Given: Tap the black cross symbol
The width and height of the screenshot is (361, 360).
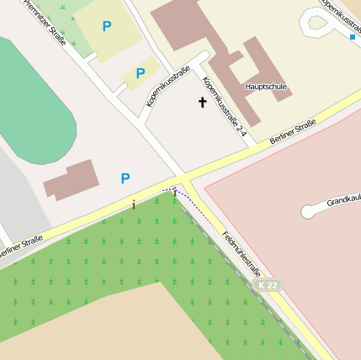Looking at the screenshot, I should [202, 103].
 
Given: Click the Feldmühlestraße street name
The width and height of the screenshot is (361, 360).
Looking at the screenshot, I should [242, 255].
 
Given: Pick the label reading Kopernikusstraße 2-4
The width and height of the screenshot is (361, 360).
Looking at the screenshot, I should [225, 107].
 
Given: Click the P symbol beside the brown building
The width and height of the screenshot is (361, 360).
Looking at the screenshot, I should [125, 178].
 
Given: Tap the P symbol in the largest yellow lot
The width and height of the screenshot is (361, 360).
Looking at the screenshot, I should [106, 27].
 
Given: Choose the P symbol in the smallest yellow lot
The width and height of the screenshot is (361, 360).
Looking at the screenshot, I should [141, 74].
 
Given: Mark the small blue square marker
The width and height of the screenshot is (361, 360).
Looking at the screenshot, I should [352, 37].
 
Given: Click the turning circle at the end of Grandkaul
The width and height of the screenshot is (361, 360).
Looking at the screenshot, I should [308, 212].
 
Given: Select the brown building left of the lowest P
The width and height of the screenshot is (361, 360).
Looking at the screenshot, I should [72, 180].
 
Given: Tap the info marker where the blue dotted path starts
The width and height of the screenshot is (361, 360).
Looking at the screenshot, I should [175, 194].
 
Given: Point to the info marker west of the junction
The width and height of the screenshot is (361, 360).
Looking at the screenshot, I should [133, 204].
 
